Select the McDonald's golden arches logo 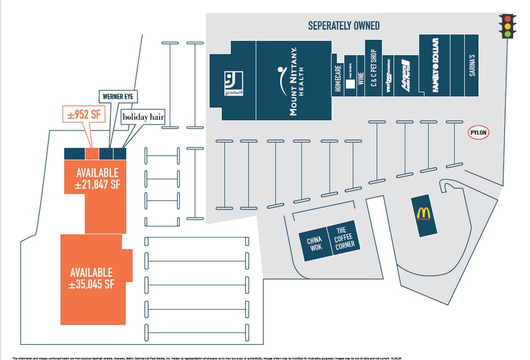tap(423, 213)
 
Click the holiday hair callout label tap(143, 116)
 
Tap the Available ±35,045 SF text tap(92, 278)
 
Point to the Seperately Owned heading tap(344, 26)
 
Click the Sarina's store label tap(472, 66)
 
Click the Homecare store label tap(338, 78)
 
